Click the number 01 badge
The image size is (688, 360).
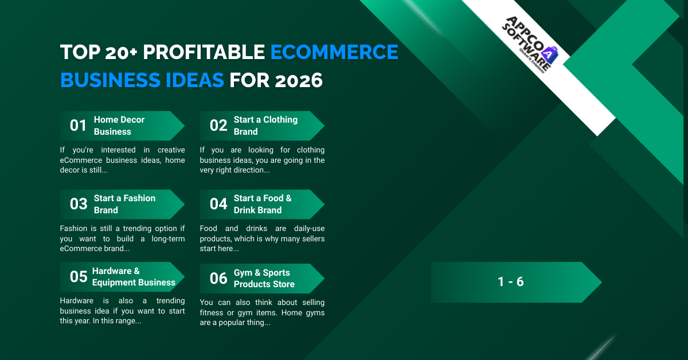point(78,126)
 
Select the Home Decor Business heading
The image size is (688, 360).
point(119,126)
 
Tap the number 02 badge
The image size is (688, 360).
point(218,126)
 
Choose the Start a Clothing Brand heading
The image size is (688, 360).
point(265,126)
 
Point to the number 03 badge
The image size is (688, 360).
point(79,204)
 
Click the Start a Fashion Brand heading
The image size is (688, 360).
point(124,204)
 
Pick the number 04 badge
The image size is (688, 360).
point(218,204)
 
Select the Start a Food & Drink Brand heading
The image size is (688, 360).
point(263,204)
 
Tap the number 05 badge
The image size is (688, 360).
point(79,277)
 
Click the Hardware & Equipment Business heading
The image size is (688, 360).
point(134,277)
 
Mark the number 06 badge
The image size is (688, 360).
point(218,279)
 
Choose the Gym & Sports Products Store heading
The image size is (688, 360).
point(264,279)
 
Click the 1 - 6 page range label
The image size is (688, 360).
point(510,282)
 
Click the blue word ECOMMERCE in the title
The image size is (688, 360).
point(334,52)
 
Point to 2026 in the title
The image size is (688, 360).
point(298,81)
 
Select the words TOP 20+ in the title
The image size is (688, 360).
point(99,52)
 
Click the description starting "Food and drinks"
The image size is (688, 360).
point(262,238)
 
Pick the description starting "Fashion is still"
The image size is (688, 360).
point(122,238)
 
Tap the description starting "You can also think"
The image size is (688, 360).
point(262,312)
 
